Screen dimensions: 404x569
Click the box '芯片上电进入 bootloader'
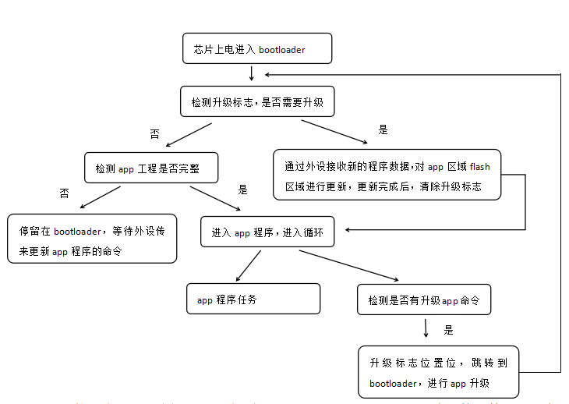[x=256, y=48]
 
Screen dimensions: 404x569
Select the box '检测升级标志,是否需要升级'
[x=257, y=101]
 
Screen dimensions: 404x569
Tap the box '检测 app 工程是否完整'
[x=151, y=168]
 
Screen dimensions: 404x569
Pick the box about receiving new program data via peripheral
[x=387, y=175]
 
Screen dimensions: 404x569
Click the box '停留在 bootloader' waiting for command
[x=92, y=239]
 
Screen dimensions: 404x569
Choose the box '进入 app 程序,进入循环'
[x=267, y=232]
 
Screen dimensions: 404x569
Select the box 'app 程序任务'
[x=253, y=299]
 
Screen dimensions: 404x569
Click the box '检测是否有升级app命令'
[x=424, y=299]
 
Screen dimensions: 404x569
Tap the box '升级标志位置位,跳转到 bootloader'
[x=438, y=371]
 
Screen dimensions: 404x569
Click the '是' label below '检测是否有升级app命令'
[x=448, y=330]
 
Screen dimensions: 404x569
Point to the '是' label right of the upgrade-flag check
[x=383, y=129]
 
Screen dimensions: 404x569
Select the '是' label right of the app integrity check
[x=242, y=189]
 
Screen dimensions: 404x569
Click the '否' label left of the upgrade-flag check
[x=154, y=134]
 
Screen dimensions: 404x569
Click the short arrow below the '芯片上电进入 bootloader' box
[x=252, y=73]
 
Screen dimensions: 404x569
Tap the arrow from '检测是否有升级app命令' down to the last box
[x=426, y=328]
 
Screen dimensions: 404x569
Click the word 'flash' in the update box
[x=480, y=166]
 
